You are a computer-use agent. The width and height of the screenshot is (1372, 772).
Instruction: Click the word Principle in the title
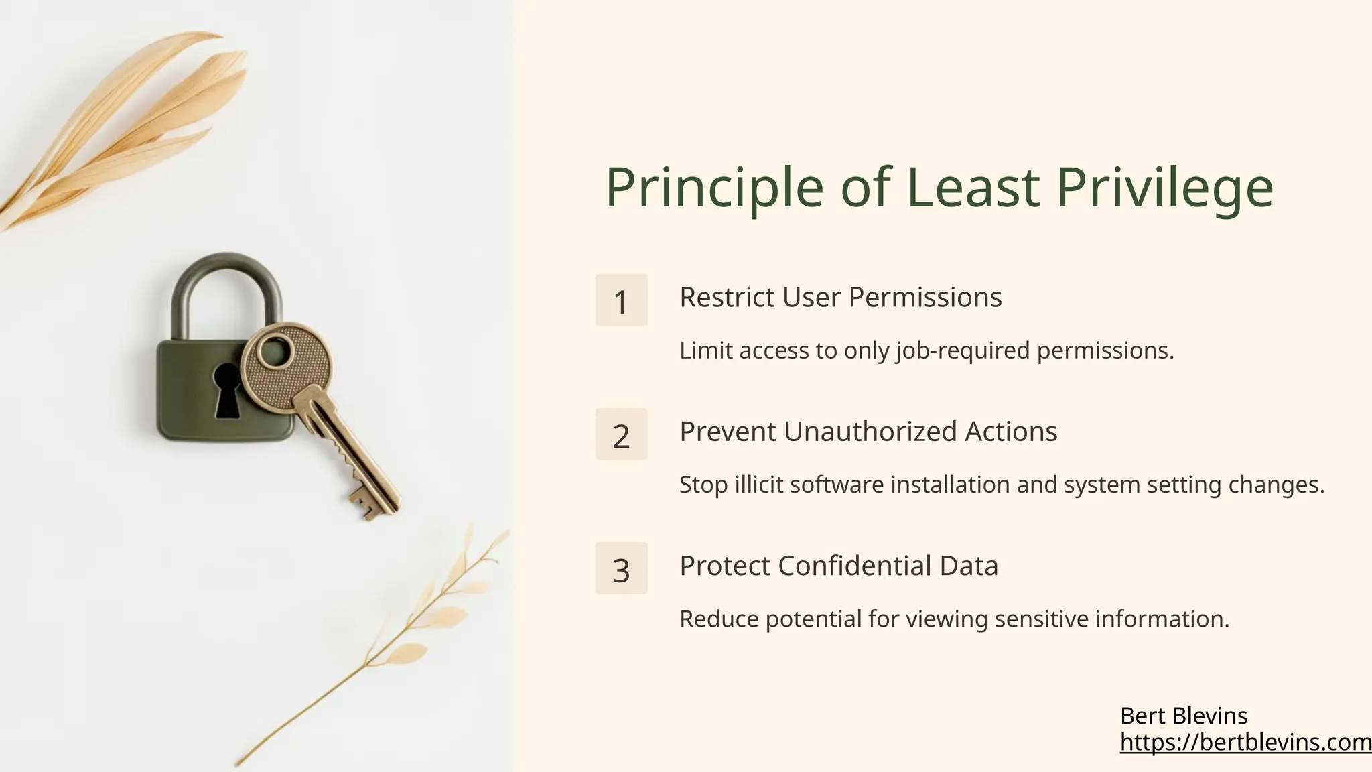click(x=714, y=188)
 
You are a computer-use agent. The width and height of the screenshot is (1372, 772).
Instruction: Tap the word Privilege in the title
click(x=1165, y=188)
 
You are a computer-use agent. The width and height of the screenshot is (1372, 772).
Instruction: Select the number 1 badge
click(x=621, y=300)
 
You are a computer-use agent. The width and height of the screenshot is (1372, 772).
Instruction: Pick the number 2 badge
click(x=621, y=434)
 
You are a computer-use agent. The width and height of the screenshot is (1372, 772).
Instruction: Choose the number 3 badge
click(x=621, y=568)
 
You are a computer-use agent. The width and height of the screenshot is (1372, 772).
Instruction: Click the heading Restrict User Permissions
click(x=840, y=297)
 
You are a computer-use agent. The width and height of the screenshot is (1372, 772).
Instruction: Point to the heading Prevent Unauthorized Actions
click(x=868, y=431)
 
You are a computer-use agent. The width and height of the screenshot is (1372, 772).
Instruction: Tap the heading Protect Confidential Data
click(x=839, y=566)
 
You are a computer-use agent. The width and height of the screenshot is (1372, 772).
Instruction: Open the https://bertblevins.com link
click(x=1245, y=742)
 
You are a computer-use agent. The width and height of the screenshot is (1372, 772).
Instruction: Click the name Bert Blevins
click(x=1184, y=716)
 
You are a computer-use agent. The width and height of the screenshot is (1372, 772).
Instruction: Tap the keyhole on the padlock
click(x=226, y=392)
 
